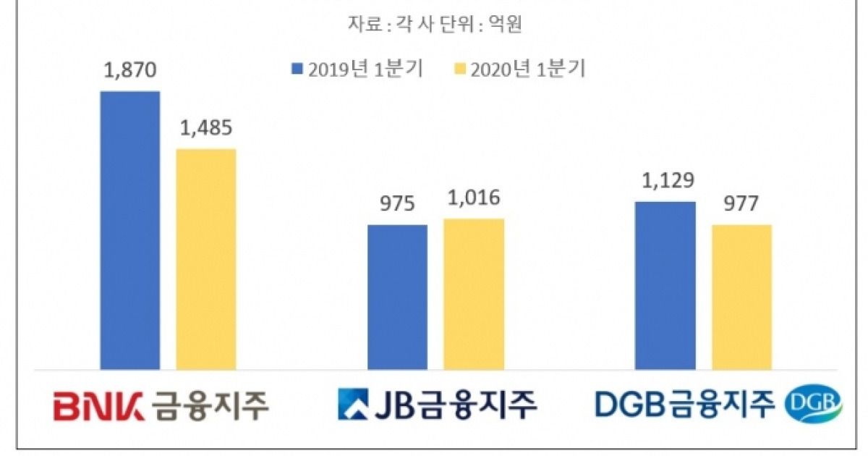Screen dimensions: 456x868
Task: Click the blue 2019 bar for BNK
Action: [130, 230]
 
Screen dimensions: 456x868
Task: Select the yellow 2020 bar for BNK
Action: [206, 259]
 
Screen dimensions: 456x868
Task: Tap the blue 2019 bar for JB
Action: [397, 297]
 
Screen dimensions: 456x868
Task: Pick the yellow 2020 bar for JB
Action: [473, 294]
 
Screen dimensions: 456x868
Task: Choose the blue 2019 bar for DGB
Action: [665, 286]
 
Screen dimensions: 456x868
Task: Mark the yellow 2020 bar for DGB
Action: [741, 297]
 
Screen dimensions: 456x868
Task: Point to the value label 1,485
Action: [206, 128]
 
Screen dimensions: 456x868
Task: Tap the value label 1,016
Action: [474, 198]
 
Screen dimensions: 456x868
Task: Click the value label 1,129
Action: [665, 181]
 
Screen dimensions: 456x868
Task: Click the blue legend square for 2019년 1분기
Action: [297, 69]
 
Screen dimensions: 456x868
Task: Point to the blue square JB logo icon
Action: [354, 405]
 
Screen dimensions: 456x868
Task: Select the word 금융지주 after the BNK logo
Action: [212, 405]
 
